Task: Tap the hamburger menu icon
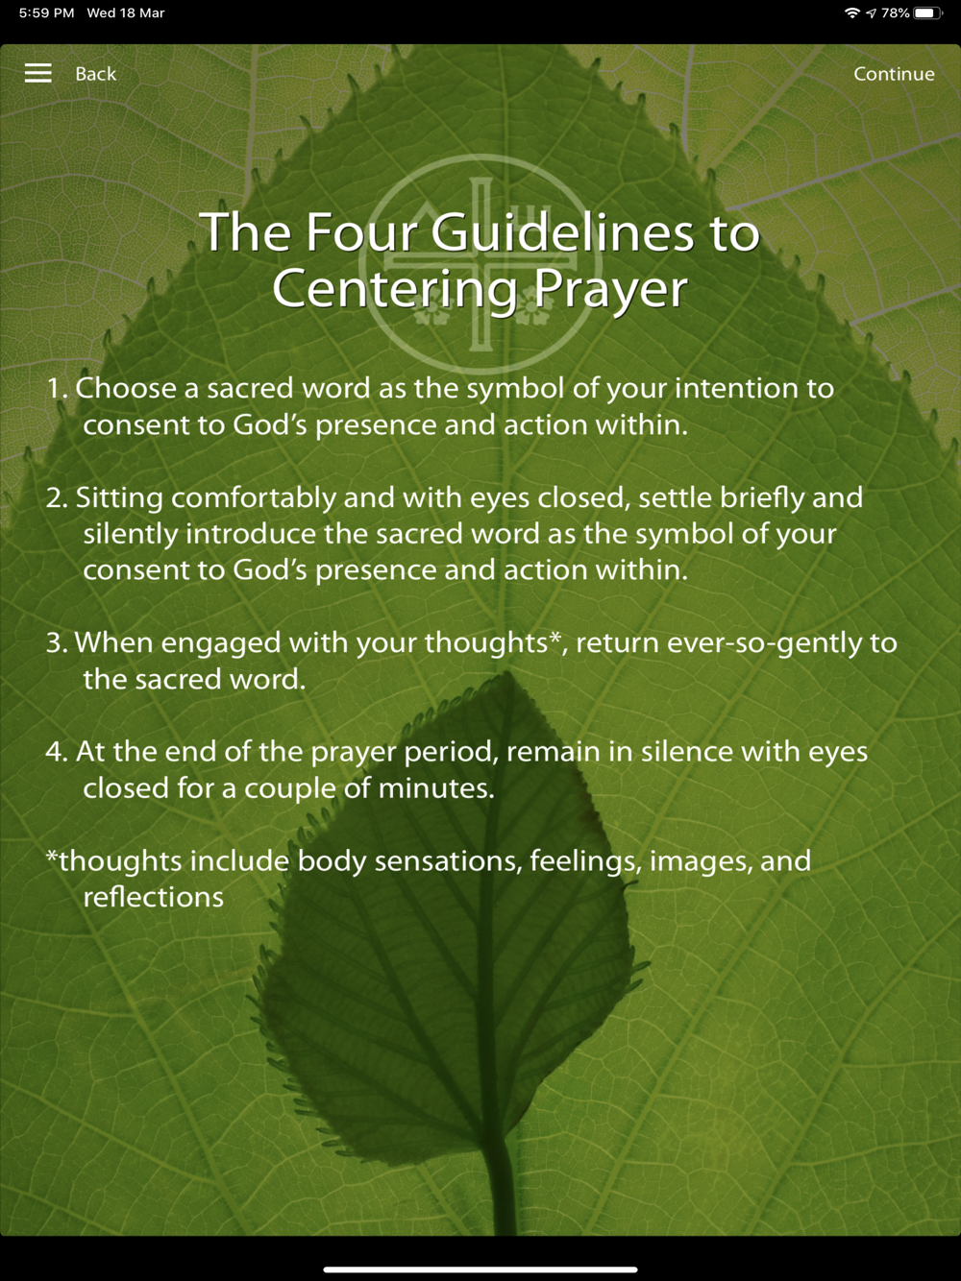tap(37, 73)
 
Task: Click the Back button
tap(96, 74)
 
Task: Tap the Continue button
tap(894, 74)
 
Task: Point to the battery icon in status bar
tap(927, 12)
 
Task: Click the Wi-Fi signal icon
tap(852, 12)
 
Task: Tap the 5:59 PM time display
tap(47, 12)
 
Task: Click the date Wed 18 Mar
tap(126, 12)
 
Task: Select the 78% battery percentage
tap(895, 12)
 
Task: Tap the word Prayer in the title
tap(610, 290)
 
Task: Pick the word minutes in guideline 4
tap(436, 788)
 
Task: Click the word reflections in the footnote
tap(154, 897)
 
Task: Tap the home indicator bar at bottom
tap(480, 1269)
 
